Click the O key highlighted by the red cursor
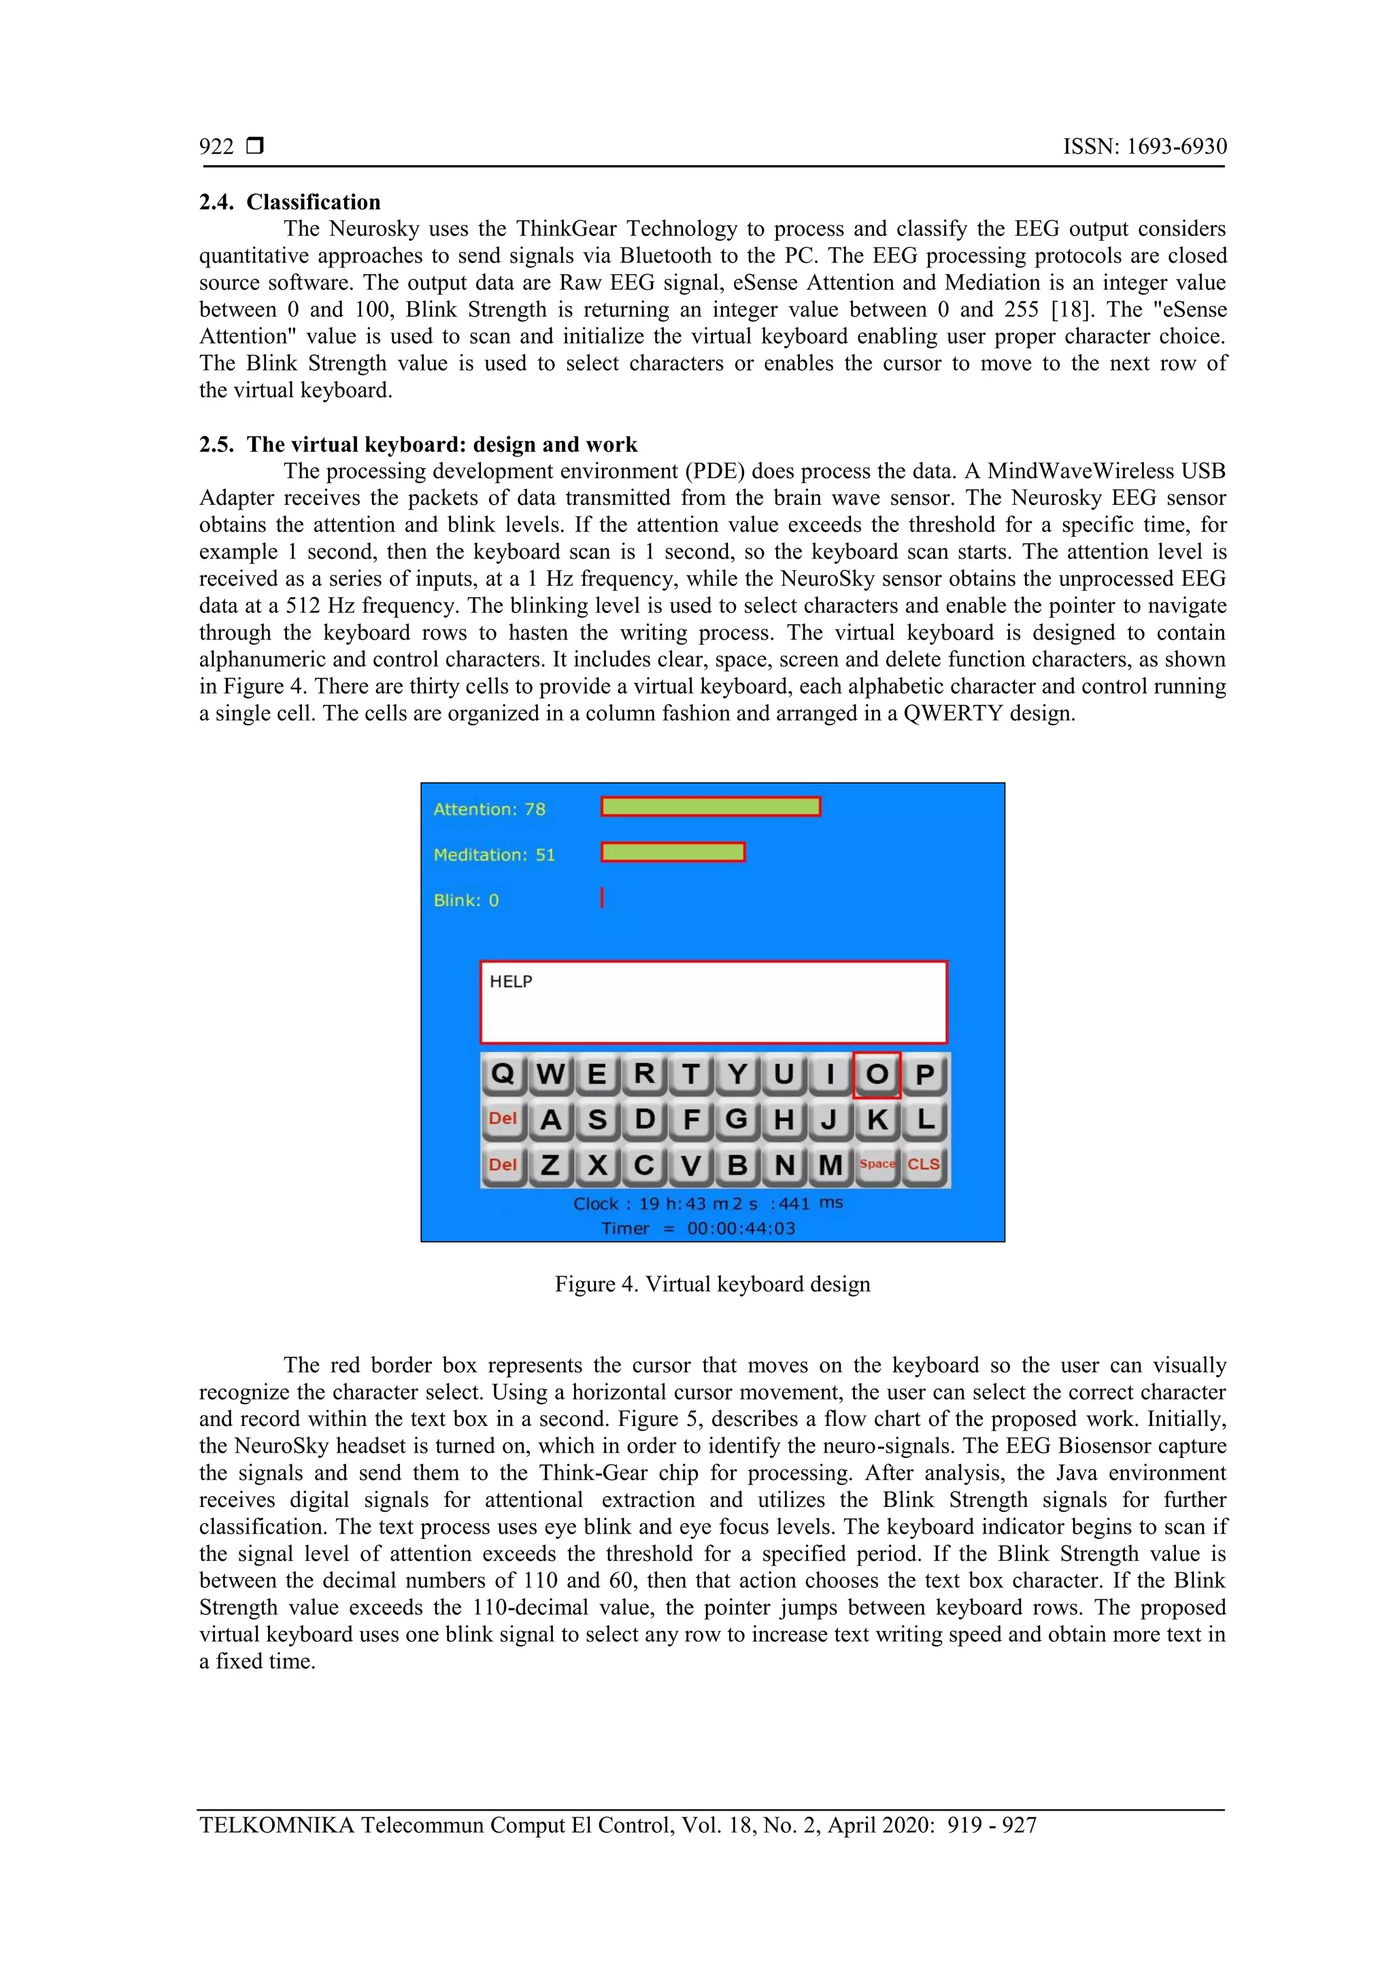(x=876, y=1074)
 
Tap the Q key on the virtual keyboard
(x=503, y=1074)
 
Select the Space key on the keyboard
(x=876, y=1164)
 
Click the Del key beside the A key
(x=503, y=1119)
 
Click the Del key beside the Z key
(x=503, y=1165)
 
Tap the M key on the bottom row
(x=830, y=1165)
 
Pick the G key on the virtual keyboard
(x=737, y=1119)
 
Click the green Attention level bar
(x=711, y=807)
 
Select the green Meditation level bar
(x=673, y=852)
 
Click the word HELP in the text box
(x=511, y=981)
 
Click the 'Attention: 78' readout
(x=489, y=810)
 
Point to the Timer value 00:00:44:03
(x=741, y=1229)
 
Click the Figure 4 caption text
(x=712, y=1285)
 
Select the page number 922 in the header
(x=216, y=147)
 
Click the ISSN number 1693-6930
(x=1176, y=147)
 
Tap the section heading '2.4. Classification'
(x=290, y=203)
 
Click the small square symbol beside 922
(x=255, y=146)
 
